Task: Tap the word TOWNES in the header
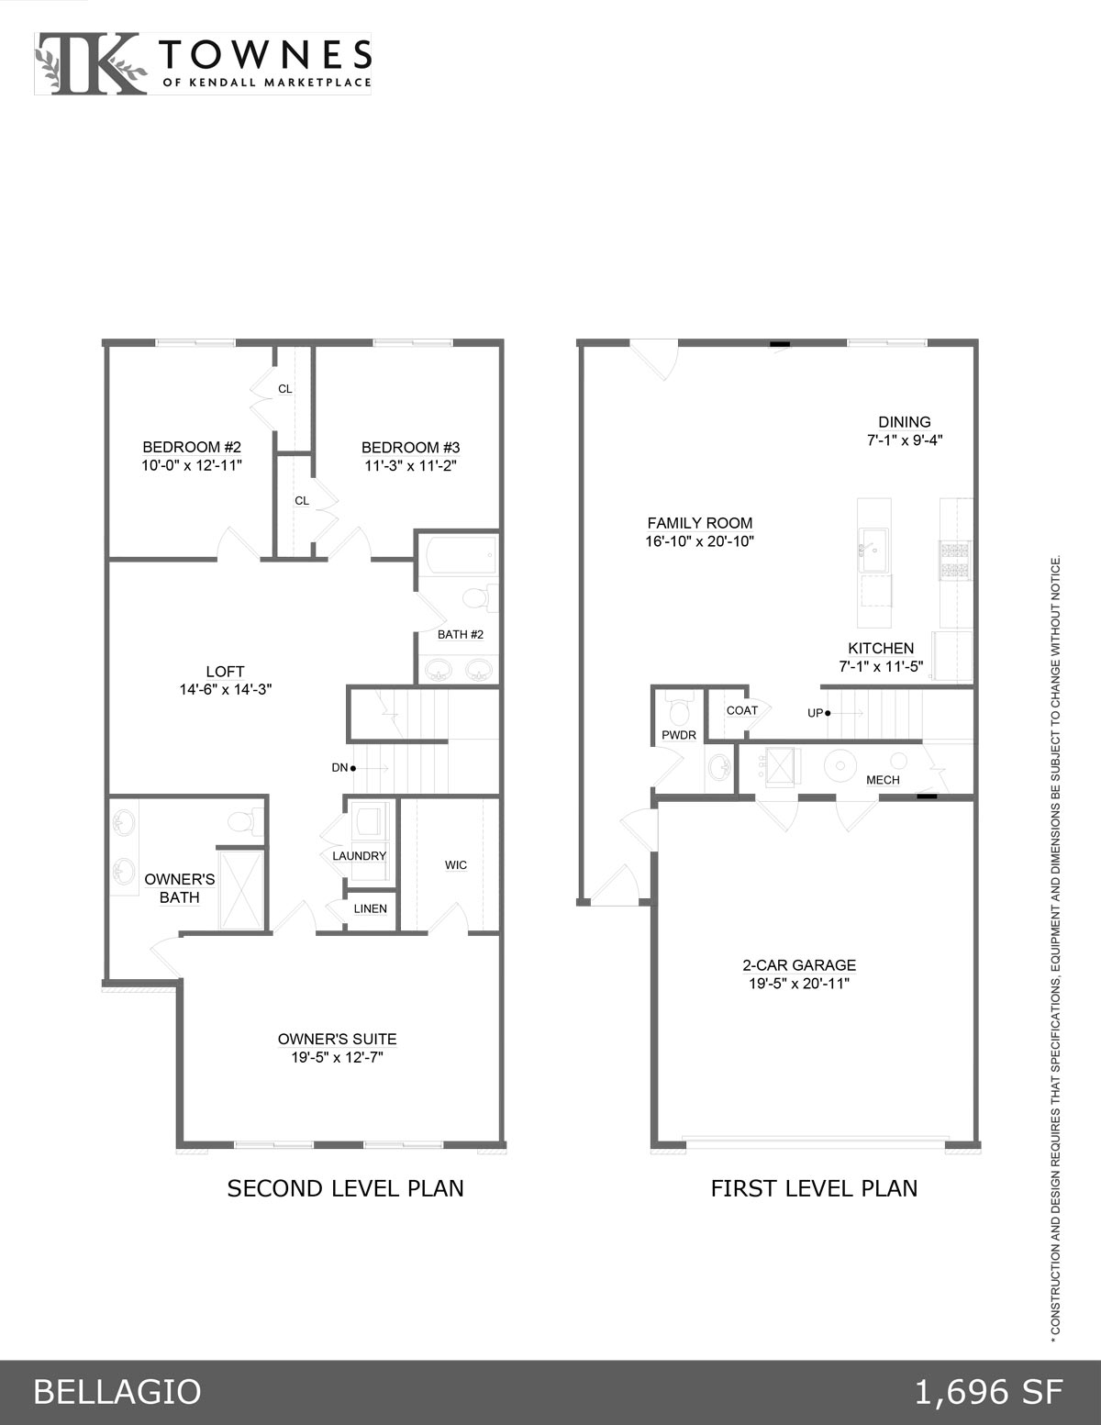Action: [266, 54]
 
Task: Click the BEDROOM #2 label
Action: [192, 447]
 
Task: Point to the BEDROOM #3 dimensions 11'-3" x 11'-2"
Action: [410, 465]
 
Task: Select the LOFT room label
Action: [225, 672]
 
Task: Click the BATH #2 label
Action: [461, 634]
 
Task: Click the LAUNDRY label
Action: [360, 856]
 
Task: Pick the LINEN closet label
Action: [370, 908]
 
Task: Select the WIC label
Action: [456, 865]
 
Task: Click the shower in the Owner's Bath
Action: [241, 890]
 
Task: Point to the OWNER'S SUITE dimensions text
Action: [337, 1057]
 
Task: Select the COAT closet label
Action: [741, 710]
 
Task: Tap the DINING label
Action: [905, 422]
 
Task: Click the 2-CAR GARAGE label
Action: [799, 965]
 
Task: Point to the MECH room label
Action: [883, 780]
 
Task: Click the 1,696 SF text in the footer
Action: [988, 1392]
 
